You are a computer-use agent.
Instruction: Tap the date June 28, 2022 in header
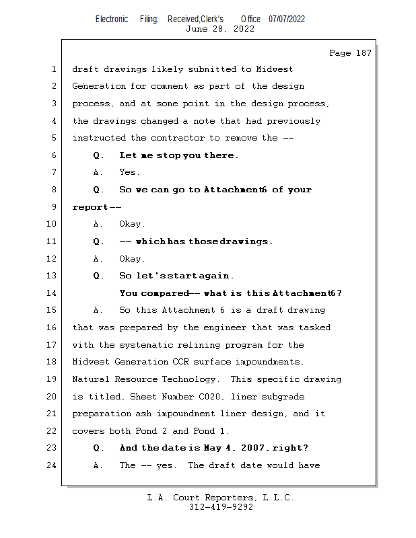click(219, 29)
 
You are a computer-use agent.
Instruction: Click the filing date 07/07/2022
click(287, 19)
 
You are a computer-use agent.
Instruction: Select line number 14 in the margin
click(52, 293)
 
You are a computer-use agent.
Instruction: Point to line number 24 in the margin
click(52, 465)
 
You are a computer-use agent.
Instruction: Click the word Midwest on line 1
click(276, 69)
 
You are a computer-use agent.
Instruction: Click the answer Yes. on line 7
click(129, 173)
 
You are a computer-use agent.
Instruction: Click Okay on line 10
click(132, 224)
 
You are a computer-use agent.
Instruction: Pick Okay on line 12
click(132, 259)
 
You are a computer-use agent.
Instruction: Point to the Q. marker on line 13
click(98, 276)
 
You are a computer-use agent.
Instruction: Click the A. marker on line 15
click(98, 311)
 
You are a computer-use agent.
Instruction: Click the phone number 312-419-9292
click(220, 507)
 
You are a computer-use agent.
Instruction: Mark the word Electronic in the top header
click(112, 19)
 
